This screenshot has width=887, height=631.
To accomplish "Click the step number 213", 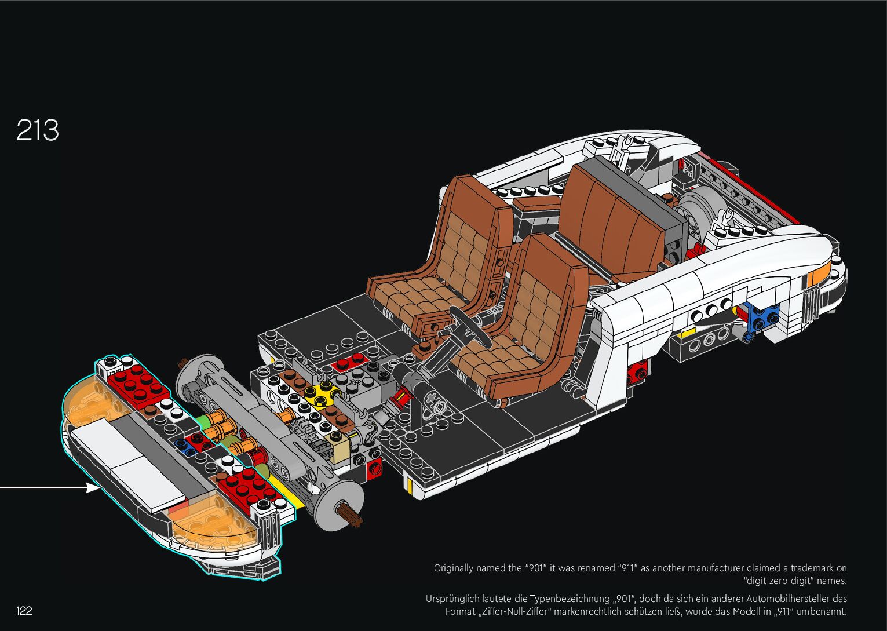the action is click(38, 130).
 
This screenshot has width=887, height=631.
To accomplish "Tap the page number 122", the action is click(24, 610).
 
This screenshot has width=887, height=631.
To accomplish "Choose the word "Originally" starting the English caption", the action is click(454, 568).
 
